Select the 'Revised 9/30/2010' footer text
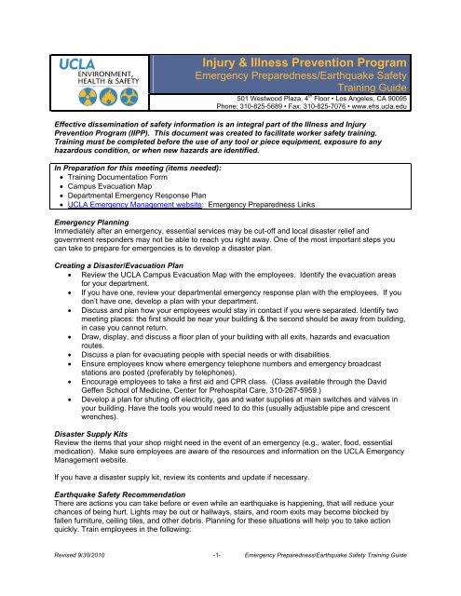pos(58,579)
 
